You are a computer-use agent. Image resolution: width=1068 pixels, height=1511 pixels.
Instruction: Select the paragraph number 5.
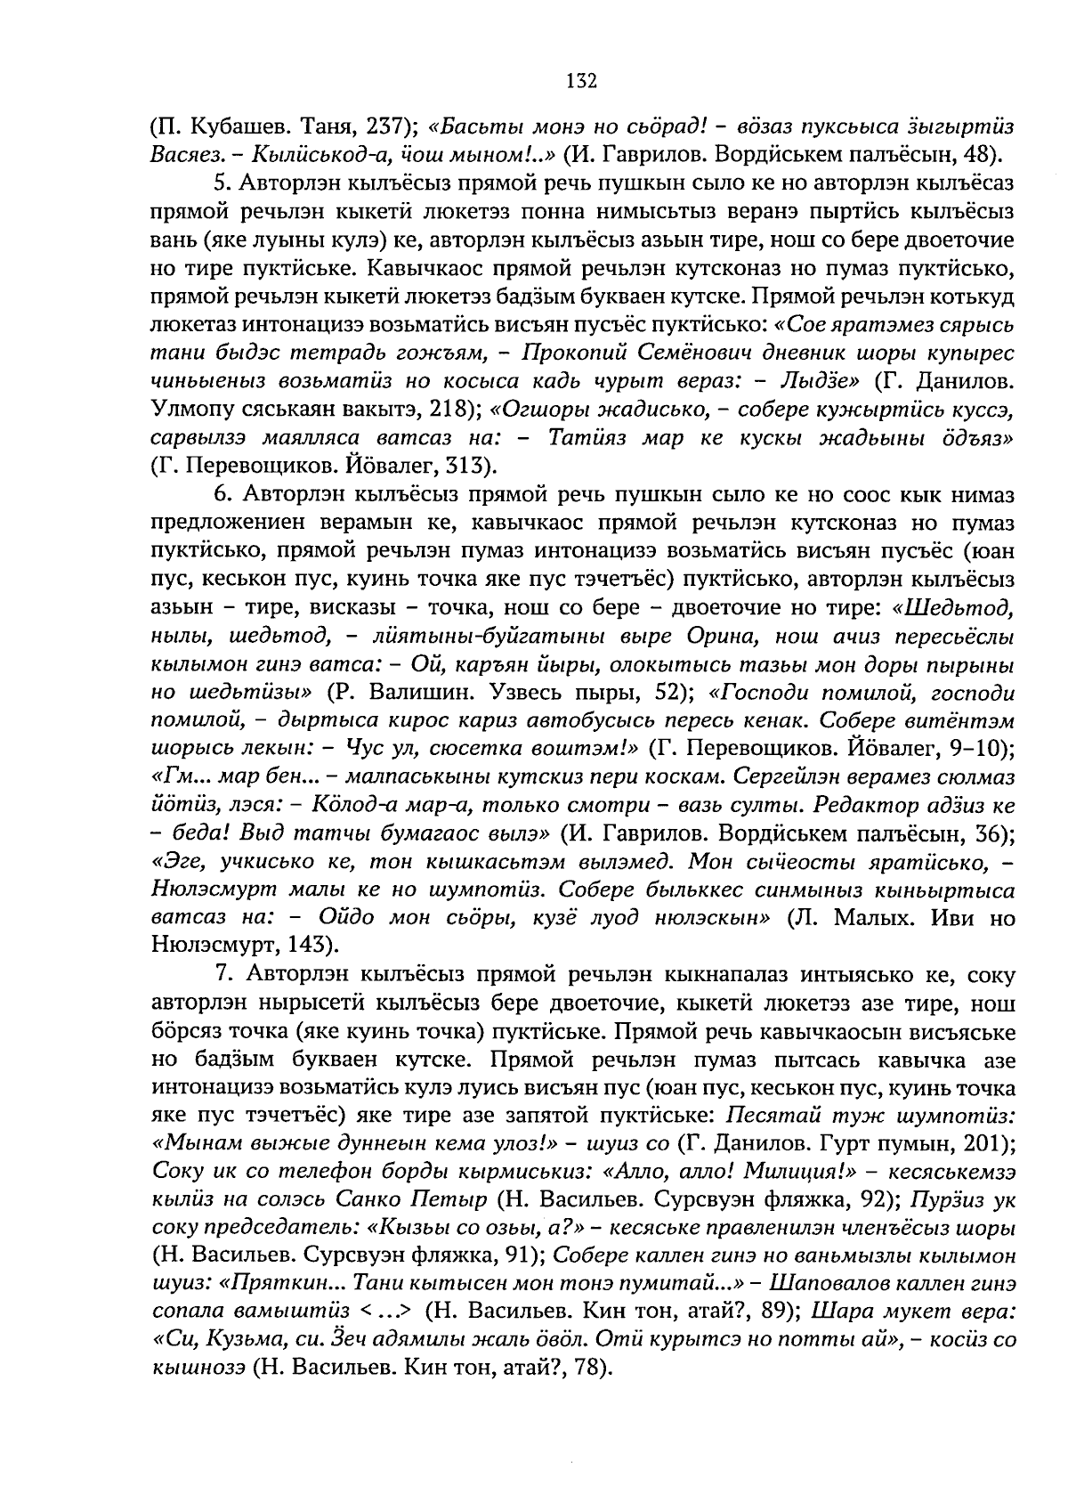pyautogui.click(x=222, y=183)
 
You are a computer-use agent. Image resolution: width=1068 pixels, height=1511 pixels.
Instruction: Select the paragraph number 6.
pyautogui.click(x=222, y=494)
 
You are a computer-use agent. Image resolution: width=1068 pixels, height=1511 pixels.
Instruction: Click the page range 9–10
pyautogui.click(x=975, y=748)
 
